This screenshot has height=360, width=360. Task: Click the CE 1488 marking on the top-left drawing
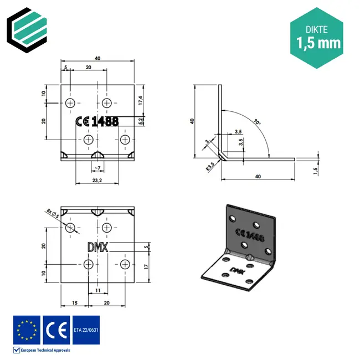tap(96, 122)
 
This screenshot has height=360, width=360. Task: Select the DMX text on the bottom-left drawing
tap(99, 246)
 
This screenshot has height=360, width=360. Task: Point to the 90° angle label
tap(256, 121)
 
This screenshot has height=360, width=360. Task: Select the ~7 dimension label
tap(97, 167)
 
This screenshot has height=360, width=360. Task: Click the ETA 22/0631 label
tap(86, 331)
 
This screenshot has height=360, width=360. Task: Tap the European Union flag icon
tap(27, 330)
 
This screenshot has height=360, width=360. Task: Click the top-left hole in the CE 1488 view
tap(70, 103)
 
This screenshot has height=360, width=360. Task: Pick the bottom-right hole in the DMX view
tap(126, 264)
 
